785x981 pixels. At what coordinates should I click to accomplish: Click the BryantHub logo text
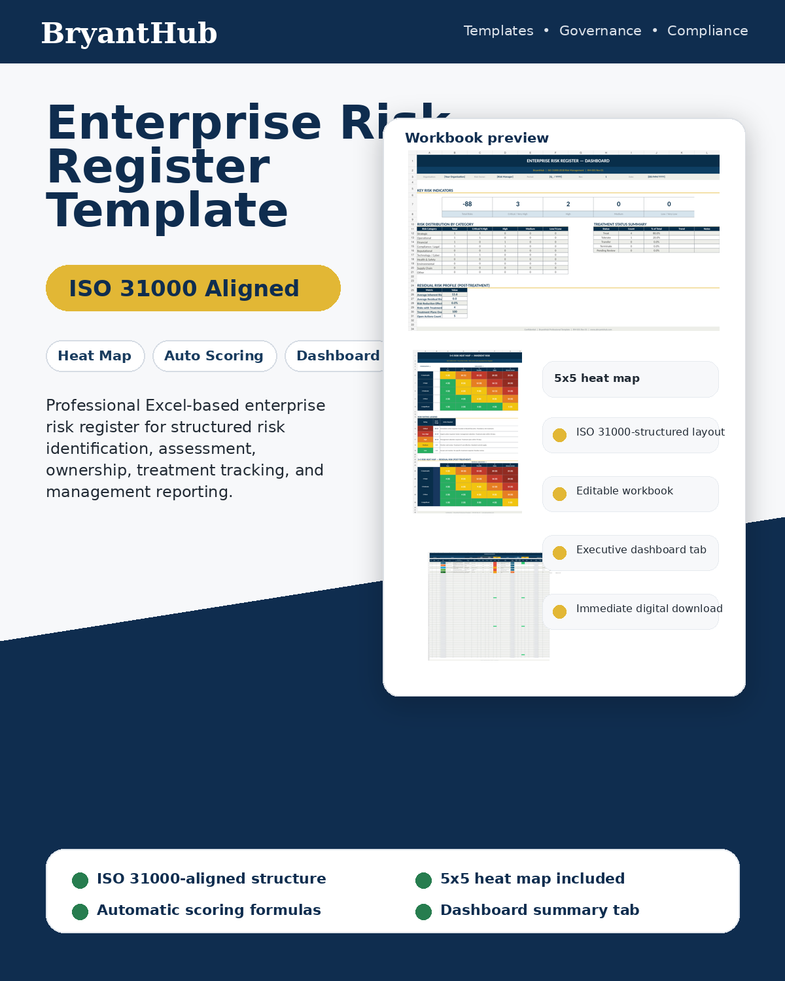pos(129,33)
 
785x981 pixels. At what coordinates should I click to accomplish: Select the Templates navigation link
pos(498,31)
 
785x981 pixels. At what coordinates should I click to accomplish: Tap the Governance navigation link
pos(600,31)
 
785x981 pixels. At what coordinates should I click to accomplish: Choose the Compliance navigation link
pos(707,31)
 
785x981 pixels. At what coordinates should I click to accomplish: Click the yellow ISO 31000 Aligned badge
pos(193,288)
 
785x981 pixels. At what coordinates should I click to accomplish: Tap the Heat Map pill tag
pos(95,356)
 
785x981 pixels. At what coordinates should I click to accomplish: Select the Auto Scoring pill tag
pos(214,356)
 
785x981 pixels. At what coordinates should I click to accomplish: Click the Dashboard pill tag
pos(336,356)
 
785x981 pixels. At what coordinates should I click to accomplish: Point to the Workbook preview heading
pos(476,138)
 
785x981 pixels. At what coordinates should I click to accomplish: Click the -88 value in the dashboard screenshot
pos(467,204)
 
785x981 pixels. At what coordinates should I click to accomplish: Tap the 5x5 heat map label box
pos(630,379)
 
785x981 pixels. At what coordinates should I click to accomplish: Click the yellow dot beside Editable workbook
pos(559,494)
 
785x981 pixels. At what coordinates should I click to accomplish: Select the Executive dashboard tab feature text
pos(640,550)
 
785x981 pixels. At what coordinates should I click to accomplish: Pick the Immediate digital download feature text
pos(649,609)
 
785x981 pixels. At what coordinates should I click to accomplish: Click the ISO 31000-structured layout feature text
pos(650,432)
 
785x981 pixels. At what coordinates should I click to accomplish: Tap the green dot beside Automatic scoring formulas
pos(80,912)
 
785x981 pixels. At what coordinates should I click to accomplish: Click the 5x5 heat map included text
pos(532,879)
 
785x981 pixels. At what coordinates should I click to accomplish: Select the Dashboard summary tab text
pos(539,910)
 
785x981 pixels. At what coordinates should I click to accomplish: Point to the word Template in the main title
pos(167,211)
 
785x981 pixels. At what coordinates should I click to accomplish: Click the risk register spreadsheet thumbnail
pos(489,606)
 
